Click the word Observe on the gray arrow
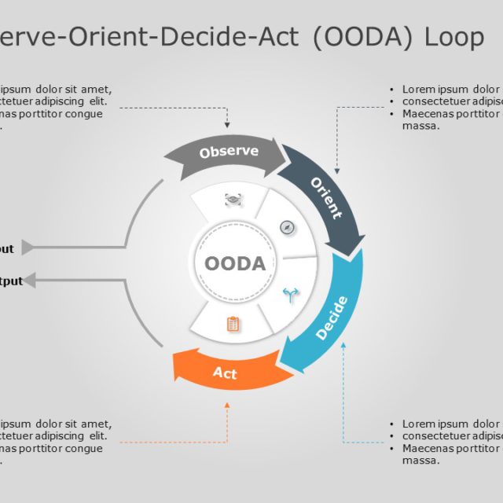(229, 152)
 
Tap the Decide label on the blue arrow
(331, 318)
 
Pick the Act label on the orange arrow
(225, 373)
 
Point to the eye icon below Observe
(233, 200)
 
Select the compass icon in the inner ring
(288, 228)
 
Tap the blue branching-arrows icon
(291, 296)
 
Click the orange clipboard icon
(233, 324)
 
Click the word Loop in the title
(454, 37)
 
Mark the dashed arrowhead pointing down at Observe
(227, 124)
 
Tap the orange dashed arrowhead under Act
(227, 406)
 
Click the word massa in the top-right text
(420, 126)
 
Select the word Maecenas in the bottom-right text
(430, 448)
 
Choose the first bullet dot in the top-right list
(392, 90)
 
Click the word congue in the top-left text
(86, 114)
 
